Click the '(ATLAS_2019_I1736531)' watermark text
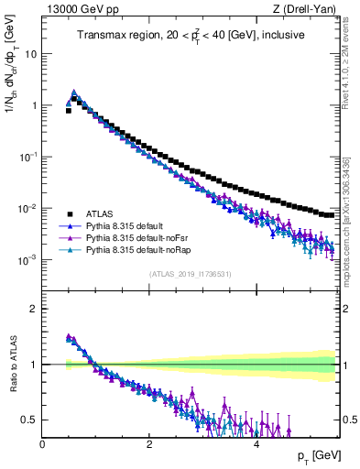click(191, 273)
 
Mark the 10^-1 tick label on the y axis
click(28, 157)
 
